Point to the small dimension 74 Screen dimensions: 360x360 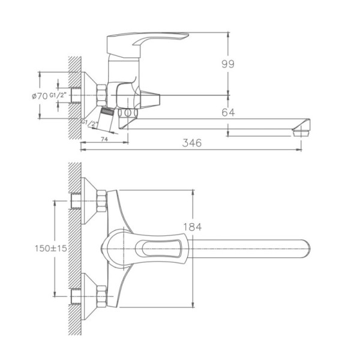(x=104, y=139)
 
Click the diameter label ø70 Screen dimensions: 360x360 (x=40, y=95)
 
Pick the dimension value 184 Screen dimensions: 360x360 (x=193, y=227)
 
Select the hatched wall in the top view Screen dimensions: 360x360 (x=74, y=246)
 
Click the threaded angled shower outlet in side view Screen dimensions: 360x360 (x=106, y=113)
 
